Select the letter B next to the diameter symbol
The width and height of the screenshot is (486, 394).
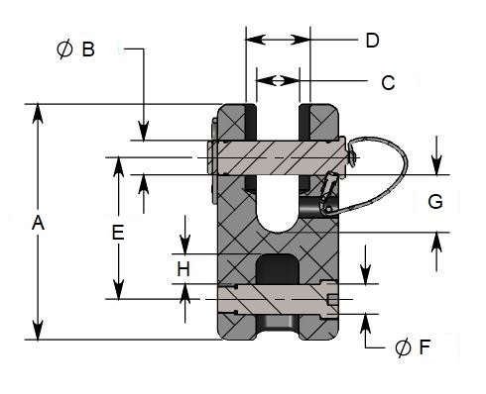point(88,49)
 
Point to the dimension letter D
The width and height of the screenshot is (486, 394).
point(372,41)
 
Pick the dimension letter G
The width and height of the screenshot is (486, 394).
point(435,202)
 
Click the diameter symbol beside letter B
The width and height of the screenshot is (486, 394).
point(64,49)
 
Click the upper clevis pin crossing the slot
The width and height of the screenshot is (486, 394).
point(277,156)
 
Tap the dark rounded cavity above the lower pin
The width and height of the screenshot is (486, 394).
point(277,268)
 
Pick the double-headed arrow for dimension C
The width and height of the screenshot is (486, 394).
point(277,80)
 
